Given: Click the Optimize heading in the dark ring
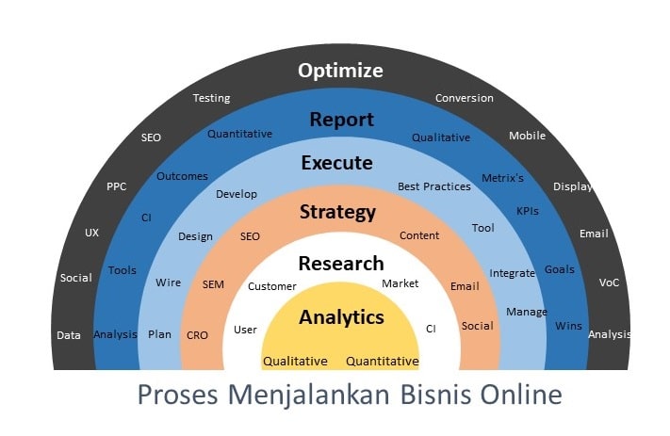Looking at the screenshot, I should (x=341, y=71).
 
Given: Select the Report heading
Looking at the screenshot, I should (x=341, y=120).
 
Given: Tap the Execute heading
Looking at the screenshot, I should (x=336, y=163).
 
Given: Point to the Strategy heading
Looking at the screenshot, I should (x=337, y=212).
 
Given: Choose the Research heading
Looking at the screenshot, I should (x=341, y=263).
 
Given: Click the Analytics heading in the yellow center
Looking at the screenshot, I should (x=341, y=317).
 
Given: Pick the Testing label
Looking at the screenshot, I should (x=211, y=98).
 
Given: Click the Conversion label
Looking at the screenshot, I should (x=464, y=98).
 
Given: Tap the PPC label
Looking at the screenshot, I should (x=116, y=186).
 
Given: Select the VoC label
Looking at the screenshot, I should (x=609, y=283).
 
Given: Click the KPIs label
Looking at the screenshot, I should (x=528, y=212).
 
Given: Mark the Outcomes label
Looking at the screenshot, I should (x=182, y=176).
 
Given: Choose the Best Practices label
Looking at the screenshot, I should (x=433, y=186).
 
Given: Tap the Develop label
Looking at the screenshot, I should (x=237, y=194).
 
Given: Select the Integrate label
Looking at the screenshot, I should (x=512, y=273).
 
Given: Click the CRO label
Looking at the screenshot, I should (x=197, y=335).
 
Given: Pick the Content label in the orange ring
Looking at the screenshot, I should (x=419, y=235).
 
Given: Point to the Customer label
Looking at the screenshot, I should (x=271, y=286).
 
